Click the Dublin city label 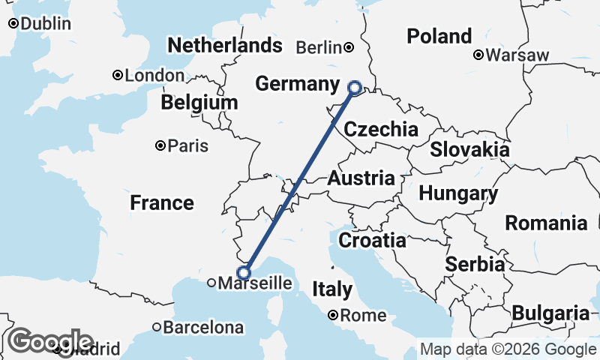(46, 24)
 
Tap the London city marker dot (118, 75)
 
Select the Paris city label (188, 145)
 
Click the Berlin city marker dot (349, 47)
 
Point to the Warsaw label (517, 55)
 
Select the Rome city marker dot (333, 316)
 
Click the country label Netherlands (225, 46)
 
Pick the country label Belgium (199, 102)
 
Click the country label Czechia (381, 129)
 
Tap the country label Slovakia (469, 149)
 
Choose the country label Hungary (458, 193)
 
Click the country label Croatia (373, 241)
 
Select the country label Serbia (475, 264)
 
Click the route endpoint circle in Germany (355, 88)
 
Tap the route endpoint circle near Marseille (244, 273)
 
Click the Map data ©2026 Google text (508, 349)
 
